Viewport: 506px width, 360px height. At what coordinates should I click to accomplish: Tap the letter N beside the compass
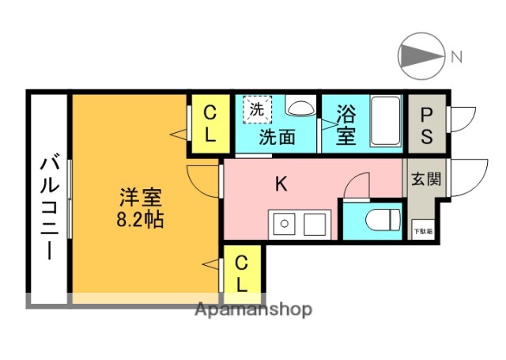(457, 56)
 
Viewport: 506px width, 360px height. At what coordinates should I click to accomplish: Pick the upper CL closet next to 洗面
(210, 124)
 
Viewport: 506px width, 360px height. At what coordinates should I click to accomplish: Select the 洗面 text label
(278, 137)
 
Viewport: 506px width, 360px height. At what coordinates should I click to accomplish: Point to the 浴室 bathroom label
(346, 124)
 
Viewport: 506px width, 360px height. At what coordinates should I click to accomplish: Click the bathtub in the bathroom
(386, 123)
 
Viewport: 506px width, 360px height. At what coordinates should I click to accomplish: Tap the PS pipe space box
(426, 124)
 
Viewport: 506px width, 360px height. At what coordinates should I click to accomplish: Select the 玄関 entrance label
(425, 179)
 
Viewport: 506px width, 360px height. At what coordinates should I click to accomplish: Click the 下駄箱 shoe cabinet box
(424, 231)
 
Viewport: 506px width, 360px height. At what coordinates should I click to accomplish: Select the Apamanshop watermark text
(253, 309)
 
